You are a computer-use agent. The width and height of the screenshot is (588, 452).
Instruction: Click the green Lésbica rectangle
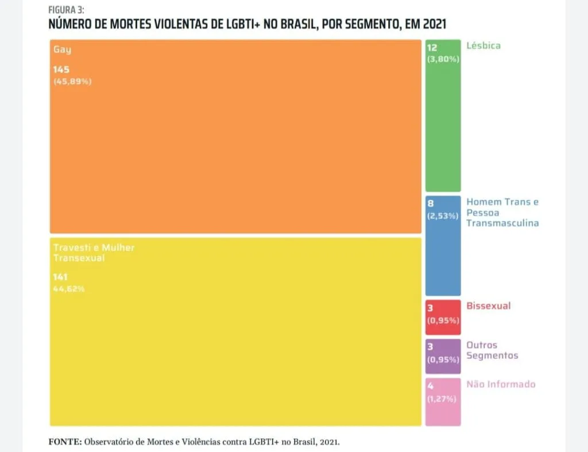(x=443, y=115)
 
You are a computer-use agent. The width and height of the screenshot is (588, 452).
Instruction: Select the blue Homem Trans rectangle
(x=443, y=246)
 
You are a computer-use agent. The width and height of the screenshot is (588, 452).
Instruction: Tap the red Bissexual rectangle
(x=443, y=318)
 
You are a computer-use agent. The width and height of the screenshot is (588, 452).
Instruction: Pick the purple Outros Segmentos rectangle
(x=443, y=356)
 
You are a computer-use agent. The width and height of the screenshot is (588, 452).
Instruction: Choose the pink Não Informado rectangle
(x=443, y=401)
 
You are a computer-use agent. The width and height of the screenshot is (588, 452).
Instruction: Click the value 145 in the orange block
(x=61, y=69)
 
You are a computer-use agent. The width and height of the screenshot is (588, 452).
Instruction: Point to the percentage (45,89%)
(x=72, y=82)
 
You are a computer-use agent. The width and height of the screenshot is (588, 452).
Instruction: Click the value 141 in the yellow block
(x=60, y=277)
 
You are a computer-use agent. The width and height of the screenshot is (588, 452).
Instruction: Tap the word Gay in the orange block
(x=62, y=49)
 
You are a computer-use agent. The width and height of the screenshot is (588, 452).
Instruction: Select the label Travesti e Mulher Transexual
(x=94, y=253)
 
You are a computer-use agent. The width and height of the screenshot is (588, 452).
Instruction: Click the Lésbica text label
(x=483, y=45)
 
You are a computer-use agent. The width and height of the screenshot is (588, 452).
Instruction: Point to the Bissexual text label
(x=488, y=306)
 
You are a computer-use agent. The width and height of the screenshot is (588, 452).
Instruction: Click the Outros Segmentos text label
(x=492, y=350)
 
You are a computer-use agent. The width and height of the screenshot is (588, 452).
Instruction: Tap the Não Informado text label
(x=501, y=384)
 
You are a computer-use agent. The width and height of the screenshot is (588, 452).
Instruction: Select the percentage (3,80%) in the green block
(x=443, y=59)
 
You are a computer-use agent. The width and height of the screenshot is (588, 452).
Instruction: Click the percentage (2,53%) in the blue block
(x=443, y=216)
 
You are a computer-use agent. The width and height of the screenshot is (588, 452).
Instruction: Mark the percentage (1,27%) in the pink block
(x=442, y=399)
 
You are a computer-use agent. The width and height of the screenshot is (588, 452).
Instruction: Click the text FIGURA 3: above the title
(x=66, y=10)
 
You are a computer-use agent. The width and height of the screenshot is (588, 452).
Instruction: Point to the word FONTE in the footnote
(x=65, y=442)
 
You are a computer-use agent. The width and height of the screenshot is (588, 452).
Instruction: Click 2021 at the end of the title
(x=435, y=24)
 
